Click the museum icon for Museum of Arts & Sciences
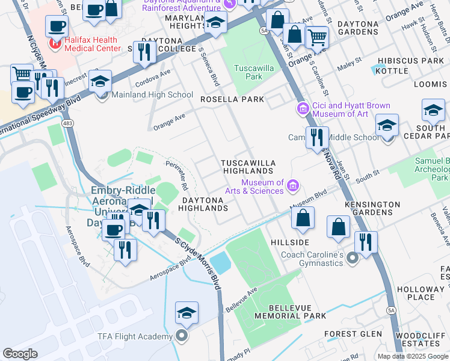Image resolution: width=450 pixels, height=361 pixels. pyautogui.click(x=293, y=185)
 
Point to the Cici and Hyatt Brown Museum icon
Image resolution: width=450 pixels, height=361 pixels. pyautogui.click(x=303, y=109)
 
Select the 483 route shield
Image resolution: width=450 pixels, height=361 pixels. pyautogui.click(x=67, y=123)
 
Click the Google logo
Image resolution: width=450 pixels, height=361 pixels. pyautogui.click(x=20, y=353)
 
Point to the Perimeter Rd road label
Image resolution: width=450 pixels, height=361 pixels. pyautogui.click(x=177, y=173)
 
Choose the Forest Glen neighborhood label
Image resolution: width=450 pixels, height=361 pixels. pyautogui.click(x=353, y=334)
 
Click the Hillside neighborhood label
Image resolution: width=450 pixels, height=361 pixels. pyautogui.click(x=290, y=242)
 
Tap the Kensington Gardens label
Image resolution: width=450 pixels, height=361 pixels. pyautogui.click(x=372, y=209)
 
